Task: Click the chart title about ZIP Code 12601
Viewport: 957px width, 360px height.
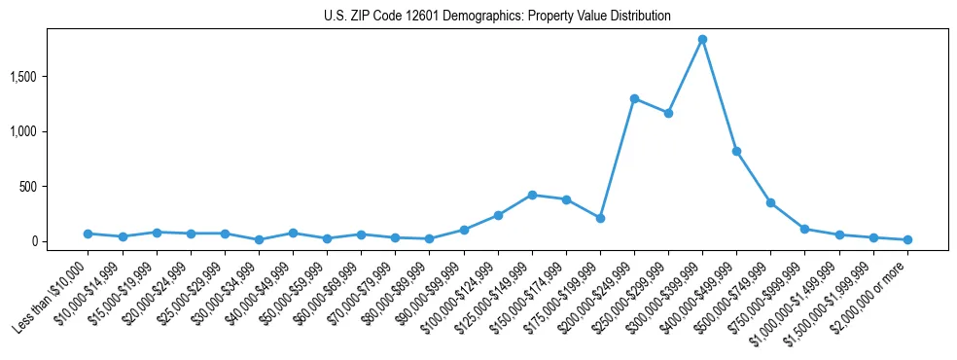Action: (497, 17)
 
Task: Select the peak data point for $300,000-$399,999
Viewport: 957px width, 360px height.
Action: (702, 40)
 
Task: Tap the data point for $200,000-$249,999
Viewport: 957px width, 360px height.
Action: (634, 98)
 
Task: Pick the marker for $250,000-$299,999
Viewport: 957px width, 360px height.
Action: (668, 113)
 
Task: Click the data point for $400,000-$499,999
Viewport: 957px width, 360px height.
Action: (736, 151)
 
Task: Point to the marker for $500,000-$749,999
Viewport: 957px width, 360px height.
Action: (770, 202)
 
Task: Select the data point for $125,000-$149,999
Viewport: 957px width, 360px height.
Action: (532, 195)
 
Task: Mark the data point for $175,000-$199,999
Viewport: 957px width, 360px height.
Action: (600, 218)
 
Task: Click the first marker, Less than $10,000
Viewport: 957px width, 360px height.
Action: (88, 234)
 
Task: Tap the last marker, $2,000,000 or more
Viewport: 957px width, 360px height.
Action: (907, 239)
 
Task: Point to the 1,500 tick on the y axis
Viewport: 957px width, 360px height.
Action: (50, 76)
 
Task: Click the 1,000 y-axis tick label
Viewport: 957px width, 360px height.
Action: (50, 131)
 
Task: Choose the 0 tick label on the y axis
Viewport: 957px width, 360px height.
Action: (60, 241)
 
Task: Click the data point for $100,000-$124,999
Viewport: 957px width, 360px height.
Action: (498, 215)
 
